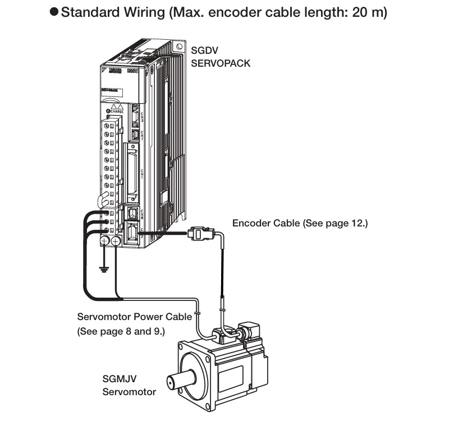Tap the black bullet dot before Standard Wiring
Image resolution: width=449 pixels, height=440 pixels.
click(x=54, y=13)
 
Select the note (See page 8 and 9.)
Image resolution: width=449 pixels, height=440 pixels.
click(x=121, y=331)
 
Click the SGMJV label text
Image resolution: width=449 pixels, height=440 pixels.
click(x=118, y=379)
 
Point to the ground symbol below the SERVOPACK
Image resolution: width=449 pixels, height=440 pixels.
click(x=103, y=270)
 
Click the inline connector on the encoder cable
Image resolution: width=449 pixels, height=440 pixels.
click(x=203, y=233)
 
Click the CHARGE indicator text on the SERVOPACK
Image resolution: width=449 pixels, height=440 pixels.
click(x=117, y=112)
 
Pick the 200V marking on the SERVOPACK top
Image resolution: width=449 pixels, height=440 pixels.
click(x=132, y=71)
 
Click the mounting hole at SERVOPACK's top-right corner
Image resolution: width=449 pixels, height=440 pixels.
click(x=178, y=47)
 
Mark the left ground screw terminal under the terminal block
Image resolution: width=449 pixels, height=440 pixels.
click(x=105, y=241)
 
